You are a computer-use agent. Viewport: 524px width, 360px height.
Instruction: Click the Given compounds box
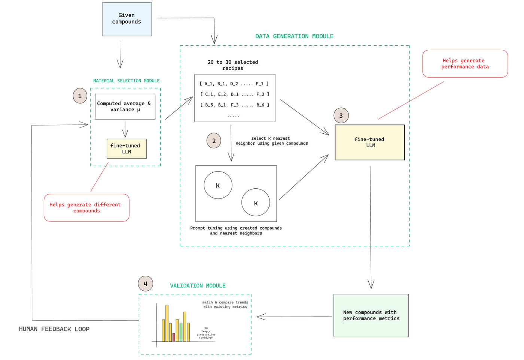(x=127, y=19)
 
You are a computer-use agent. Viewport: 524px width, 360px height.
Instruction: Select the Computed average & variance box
(x=125, y=106)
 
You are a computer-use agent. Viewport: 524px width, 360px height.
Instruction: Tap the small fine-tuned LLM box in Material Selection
(x=127, y=149)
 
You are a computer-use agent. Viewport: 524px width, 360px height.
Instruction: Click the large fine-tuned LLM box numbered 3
(x=369, y=142)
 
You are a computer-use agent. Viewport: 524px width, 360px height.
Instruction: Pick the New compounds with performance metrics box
(x=371, y=315)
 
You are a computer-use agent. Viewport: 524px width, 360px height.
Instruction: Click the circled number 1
(x=80, y=96)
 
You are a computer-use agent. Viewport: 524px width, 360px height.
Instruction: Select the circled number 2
(x=214, y=141)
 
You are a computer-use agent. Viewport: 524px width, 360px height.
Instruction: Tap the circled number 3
(x=341, y=116)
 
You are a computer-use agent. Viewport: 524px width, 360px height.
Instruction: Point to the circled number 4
(x=145, y=284)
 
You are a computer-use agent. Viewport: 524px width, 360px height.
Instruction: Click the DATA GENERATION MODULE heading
(x=294, y=36)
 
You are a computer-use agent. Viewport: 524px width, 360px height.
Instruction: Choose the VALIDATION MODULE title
(x=198, y=286)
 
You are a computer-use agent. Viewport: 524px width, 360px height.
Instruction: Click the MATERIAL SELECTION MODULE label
(x=127, y=81)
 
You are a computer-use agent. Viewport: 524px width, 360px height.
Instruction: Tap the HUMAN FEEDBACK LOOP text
(x=54, y=329)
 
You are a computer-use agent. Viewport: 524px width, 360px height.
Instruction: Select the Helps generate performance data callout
(x=465, y=64)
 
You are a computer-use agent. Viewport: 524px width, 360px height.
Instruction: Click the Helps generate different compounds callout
(x=86, y=208)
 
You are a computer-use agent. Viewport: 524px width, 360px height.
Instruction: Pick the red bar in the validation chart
(x=174, y=337)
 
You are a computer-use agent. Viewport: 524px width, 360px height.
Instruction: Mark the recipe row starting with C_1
(x=235, y=94)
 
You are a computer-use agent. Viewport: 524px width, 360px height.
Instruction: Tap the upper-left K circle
(x=218, y=185)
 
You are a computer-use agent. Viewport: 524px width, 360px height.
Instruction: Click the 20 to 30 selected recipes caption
(x=233, y=65)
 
